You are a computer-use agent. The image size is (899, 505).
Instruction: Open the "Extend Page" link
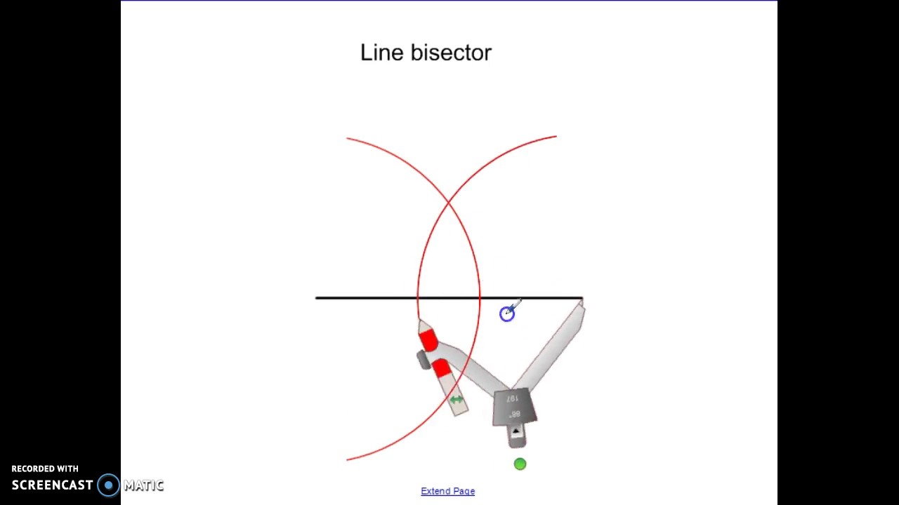[447, 491]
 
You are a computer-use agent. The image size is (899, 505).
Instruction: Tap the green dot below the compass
[520, 464]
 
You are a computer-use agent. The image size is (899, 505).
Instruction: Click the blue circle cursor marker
[506, 314]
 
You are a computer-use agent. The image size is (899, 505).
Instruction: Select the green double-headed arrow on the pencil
[457, 400]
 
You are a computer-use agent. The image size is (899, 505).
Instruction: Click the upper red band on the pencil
[428, 339]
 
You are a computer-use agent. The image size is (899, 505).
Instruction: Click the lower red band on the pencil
[441, 368]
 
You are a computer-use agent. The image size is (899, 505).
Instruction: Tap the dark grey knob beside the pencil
[423, 360]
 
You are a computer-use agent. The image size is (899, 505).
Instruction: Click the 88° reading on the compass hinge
[515, 414]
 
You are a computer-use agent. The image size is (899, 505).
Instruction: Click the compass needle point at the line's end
[582, 301]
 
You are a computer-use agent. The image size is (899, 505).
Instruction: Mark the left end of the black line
[317, 298]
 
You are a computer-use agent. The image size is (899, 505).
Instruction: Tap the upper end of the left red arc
[348, 139]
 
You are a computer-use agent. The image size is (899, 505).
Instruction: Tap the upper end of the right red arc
[556, 137]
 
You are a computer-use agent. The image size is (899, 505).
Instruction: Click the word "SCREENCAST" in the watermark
[52, 485]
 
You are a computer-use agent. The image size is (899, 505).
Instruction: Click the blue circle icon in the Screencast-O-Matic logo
[108, 485]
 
